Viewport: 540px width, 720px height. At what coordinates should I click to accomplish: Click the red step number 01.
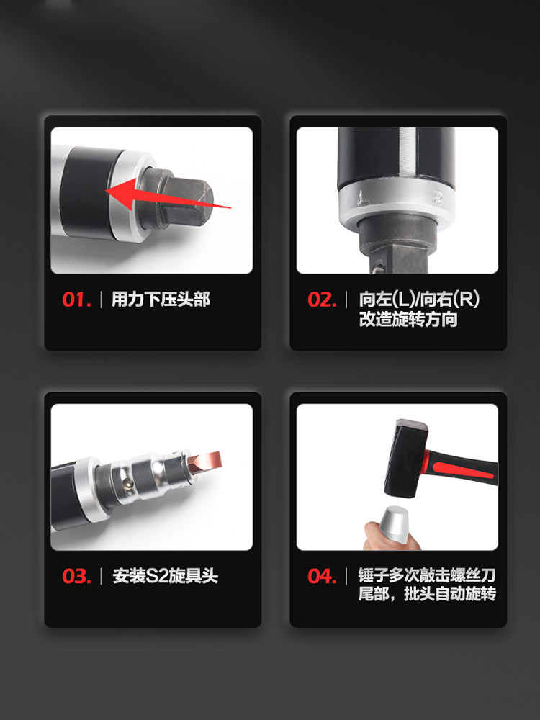(x=77, y=300)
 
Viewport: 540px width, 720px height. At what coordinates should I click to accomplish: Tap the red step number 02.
(x=323, y=300)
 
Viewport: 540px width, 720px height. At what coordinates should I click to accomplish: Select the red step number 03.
(x=77, y=576)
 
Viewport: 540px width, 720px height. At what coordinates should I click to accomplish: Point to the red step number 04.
(x=323, y=576)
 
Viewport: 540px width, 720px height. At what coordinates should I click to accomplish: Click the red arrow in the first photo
(x=168, y=194)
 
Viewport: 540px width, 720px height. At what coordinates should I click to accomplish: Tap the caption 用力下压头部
(x=161, y=300)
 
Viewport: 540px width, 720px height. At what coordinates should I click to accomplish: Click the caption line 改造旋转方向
(x=408, y=320)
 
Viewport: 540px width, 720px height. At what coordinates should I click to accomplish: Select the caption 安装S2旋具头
(x=166, y=576)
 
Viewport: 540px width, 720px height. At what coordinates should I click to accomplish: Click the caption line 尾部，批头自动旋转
(x=427, y=594)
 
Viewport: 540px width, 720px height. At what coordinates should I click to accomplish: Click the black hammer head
(x=406, y=458)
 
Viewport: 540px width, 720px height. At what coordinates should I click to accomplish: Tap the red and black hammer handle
(x=461, y=468)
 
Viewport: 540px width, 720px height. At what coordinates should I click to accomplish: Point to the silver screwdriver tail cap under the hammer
(x=393, y=525)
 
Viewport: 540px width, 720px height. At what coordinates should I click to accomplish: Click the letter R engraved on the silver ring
(x=438, y=198)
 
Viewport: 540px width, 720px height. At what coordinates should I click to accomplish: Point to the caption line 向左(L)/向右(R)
(x=419, y=300)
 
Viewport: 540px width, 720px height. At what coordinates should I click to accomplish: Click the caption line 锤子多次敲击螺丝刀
(x=427, y=575)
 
